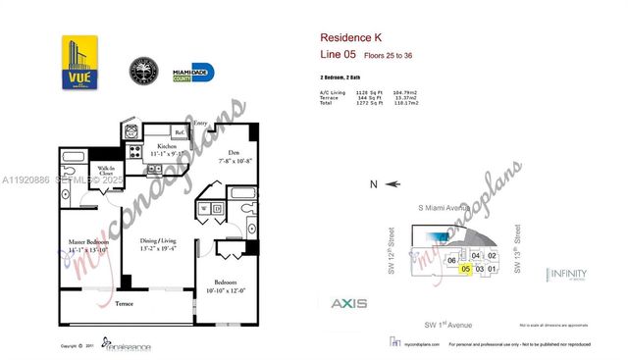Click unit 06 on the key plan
[451, 260]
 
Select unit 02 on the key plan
[493, 256]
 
